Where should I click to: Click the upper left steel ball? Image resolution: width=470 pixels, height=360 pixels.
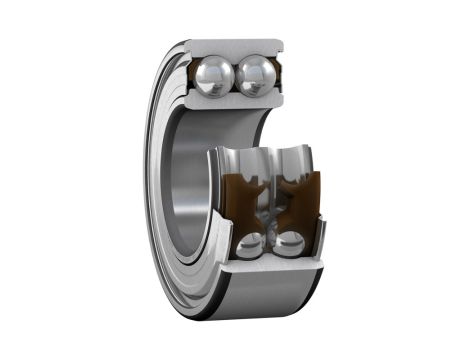pos(214,76)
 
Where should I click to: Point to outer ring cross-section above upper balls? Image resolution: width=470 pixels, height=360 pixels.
pos(234,48)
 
